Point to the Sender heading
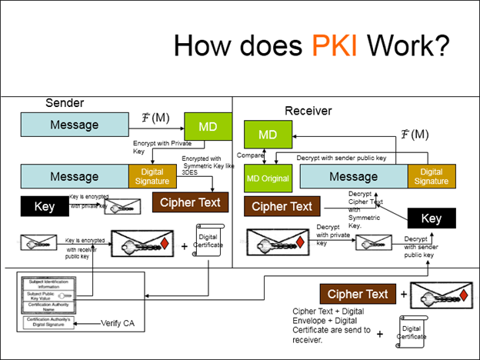coord(65,103)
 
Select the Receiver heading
coord(308,111)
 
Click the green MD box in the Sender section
coord(207,126)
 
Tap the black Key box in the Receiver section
coord(432,218)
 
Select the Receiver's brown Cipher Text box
coord(282,206)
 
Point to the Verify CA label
coord(117,322)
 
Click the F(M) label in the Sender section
coord(155,118)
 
